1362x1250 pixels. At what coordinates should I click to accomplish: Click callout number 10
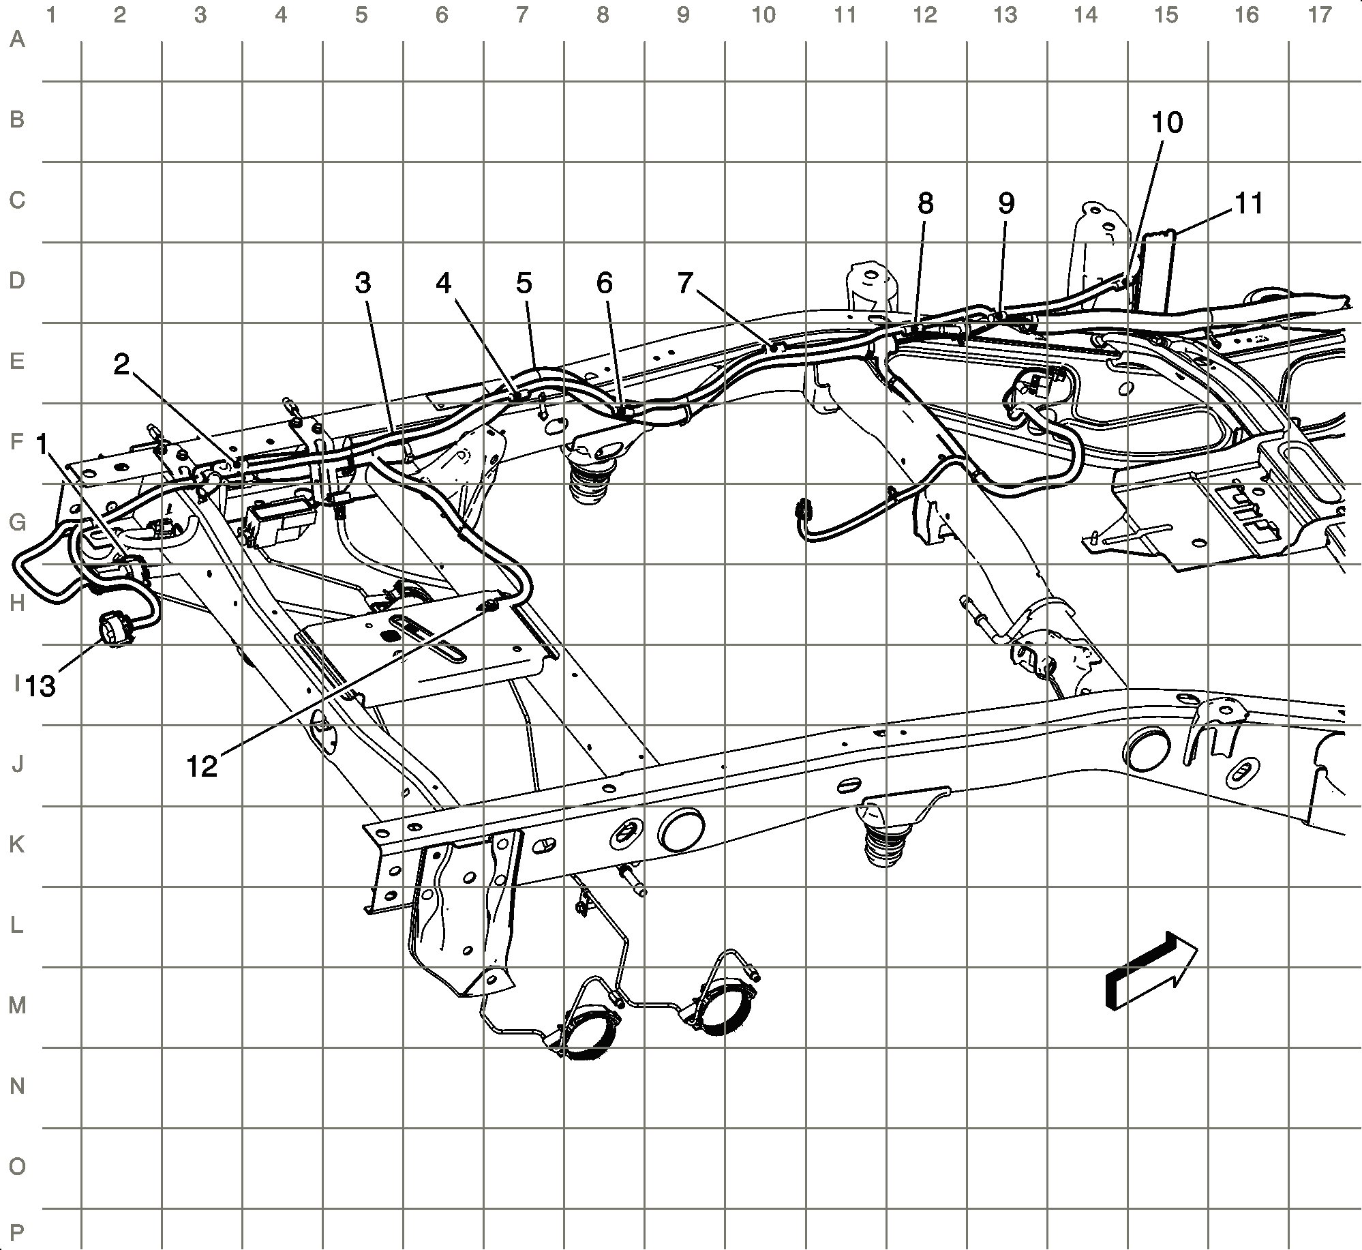[1166, 123]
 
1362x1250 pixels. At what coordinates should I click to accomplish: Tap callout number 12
[202, 767]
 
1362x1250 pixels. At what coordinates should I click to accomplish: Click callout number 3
[363, 282]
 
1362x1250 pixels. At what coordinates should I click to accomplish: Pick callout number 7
[685, 282]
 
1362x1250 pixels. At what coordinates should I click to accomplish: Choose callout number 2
[121, 366]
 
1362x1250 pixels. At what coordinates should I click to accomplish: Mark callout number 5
[524, 282]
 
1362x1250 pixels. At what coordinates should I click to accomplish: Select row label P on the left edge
[17, 1232]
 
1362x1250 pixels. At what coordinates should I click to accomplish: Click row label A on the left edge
[17, 40]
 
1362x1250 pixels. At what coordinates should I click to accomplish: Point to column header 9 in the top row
[683, 14]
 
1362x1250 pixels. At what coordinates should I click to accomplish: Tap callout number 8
[925, 203]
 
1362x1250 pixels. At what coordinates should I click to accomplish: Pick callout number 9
[1005, 203]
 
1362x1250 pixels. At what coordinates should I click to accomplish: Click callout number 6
[604, 282]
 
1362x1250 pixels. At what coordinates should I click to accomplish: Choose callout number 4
[444, 282]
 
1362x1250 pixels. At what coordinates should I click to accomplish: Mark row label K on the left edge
[17, 844]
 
